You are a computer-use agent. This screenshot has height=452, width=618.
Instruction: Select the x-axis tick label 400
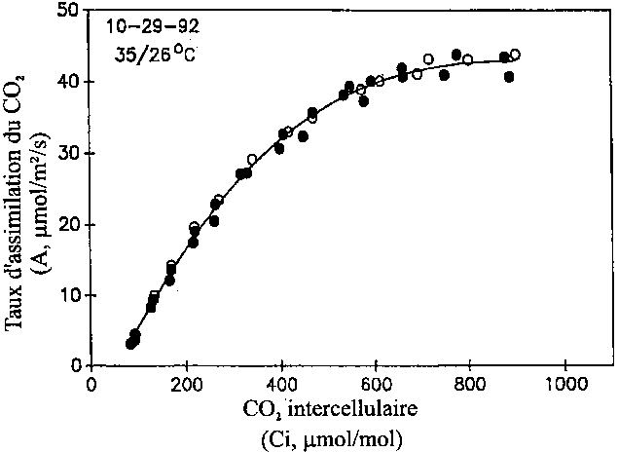[280, 384]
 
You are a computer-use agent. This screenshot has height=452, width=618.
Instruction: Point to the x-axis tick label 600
[375, 384]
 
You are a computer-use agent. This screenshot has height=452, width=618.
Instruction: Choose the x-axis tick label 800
[470, 384]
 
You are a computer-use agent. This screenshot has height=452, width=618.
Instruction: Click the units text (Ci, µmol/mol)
[325, 437]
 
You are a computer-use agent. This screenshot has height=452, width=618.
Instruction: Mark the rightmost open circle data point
[515, 55]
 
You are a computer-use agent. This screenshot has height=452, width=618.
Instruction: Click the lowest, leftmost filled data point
[130, 344]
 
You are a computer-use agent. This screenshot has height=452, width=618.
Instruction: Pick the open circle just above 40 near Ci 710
[428, 59]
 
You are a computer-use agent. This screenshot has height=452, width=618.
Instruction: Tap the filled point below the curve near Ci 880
[509, 76]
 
